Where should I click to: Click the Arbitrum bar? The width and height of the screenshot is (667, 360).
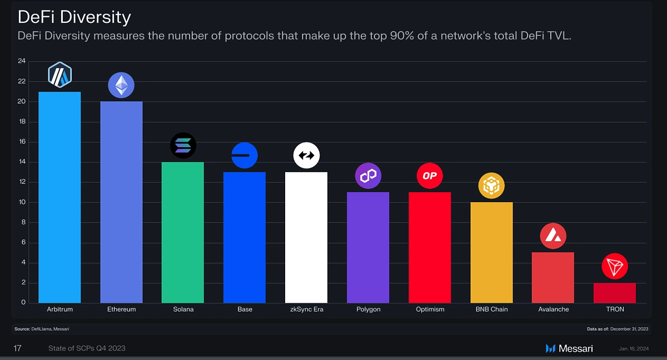click(59, 197)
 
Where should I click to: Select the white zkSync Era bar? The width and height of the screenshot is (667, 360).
click(306, 237)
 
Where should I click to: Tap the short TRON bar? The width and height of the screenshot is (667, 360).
click(615, 293)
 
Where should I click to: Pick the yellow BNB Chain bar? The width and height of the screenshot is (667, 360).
click(491, 252)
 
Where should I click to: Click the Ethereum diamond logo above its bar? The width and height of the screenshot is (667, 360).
click(121, 85)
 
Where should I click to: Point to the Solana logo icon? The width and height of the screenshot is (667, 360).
click(183, 146)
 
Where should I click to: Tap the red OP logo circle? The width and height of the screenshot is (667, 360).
click(430, 176)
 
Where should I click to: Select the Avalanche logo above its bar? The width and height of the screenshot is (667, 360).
click(553, 236)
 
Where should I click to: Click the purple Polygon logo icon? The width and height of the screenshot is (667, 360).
click(368, 176)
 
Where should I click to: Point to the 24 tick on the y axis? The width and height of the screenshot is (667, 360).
click(22, 61)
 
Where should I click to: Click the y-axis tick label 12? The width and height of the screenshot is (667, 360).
click(22, 182)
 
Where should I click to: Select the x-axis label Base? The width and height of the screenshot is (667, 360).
click(245, 309)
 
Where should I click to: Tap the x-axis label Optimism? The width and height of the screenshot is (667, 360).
click(430, 309)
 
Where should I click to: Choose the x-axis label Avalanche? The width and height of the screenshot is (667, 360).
click(553, 309)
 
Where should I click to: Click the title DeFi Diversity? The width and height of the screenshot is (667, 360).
click(74, 17)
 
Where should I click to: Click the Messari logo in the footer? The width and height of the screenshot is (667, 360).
click(569, 348)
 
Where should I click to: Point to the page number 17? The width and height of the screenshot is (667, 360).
click(17, 348)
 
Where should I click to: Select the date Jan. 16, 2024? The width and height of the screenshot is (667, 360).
click(634, 349)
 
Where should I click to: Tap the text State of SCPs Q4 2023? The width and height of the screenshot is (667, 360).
click(87, 348)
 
